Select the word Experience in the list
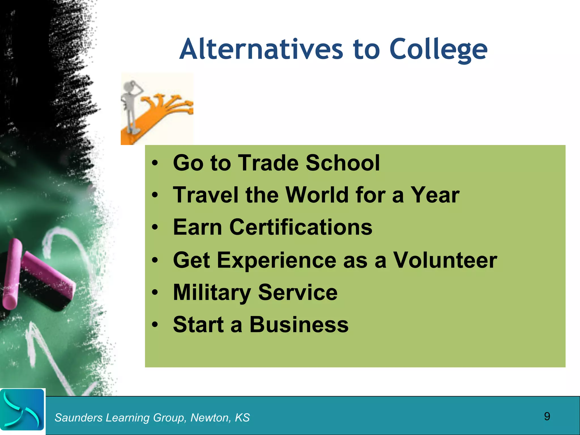pos(276,260)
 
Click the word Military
pos(212,292)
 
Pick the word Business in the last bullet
pos(299,325)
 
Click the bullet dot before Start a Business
pos(155,325)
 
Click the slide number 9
pos(547,416)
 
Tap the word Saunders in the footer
pos(78,418)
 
